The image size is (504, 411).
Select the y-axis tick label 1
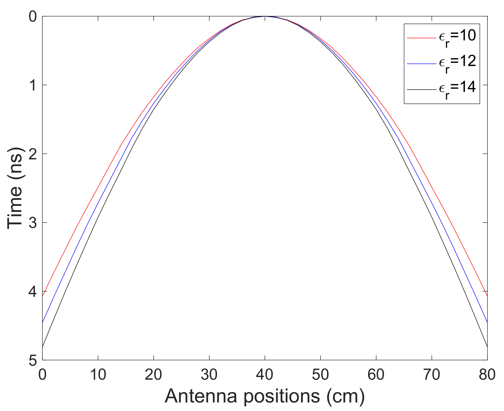click(33, 85)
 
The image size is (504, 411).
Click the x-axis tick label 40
click(265, 375)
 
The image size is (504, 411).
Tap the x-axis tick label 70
click(432, 375)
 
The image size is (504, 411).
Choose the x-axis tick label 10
click(98, 375)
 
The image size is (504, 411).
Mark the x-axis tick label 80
click(487, 375)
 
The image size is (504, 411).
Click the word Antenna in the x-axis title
click(201, 396)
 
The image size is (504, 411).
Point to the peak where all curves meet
click(265, 17)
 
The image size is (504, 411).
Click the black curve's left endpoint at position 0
click(43, 347)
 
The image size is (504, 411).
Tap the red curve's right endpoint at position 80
click(487, 296)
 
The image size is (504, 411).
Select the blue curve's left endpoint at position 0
click(43, 322)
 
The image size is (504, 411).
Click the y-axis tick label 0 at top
click(33, 17)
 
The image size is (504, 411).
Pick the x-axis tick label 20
click(154, 375)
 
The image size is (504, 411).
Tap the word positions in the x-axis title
click(282, 396)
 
